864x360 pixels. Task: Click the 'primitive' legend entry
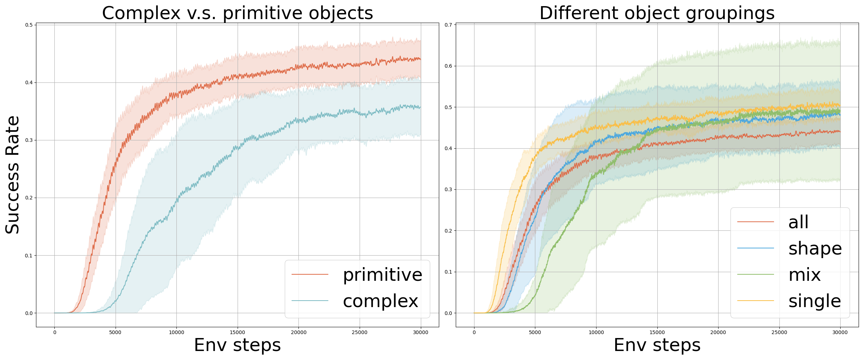(x=382, y=275)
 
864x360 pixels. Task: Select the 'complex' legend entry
(x=380, y=301)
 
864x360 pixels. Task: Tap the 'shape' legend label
(x=815, y=248)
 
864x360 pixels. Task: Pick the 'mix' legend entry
(x=805, y=275)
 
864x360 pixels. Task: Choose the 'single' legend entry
(x=814, y=301)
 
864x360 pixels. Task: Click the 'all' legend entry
(x=798, y=222)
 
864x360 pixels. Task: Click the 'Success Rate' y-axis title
(x=13, y=175)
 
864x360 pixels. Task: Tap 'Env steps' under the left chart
(x=238, y=345)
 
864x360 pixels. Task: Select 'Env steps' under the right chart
(x=657, y=345)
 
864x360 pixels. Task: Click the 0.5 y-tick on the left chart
(x=29, y=25)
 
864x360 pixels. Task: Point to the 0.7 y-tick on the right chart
(x=448, y=25)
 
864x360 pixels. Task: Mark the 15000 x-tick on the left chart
(x=238, y=332)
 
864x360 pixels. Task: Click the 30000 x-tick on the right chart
(x=840, y=332)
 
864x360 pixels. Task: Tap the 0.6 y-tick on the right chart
(x=448, y=66)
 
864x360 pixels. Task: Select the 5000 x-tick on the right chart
(x=535, y=332)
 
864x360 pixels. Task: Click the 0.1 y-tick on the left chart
(x=29, y=256)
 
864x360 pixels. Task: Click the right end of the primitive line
(x=420, y=59)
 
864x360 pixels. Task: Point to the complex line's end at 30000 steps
(x=420, y=107)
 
